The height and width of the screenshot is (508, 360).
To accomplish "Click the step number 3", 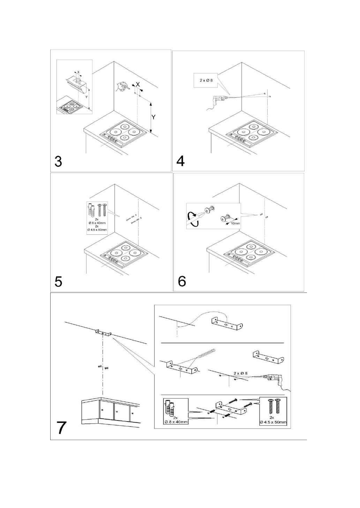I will click(x=59, y=161).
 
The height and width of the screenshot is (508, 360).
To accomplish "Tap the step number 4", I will click(x=181, y=161).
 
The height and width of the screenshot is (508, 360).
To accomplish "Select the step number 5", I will click(x=59, y=281).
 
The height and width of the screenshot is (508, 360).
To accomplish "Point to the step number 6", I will click(x=182, y=281).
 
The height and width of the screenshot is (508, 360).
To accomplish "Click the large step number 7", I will click(x=61, y=427).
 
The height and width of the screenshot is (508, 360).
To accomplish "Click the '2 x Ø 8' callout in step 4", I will click(x=206, y=80).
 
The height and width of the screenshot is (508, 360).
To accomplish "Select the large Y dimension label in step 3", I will click(x=153, y=117).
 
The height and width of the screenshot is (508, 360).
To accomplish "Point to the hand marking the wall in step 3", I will click(x=122, y=86).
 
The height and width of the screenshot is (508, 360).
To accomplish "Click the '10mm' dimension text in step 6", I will click(x=235, y=223).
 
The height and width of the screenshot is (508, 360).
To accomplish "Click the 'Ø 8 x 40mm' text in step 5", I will click(x=97, y=223).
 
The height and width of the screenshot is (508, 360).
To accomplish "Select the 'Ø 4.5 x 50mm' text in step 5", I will click(x=97, y=230).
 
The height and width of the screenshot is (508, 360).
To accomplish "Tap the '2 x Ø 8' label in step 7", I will click(x=240, y=373).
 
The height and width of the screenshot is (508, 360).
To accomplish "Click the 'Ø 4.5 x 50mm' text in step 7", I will click(x=273, y=423).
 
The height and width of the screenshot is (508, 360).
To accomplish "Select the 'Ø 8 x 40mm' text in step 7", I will click(x=176, y=422).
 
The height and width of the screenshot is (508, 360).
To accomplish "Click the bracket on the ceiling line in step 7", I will click(x=104, y=333).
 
